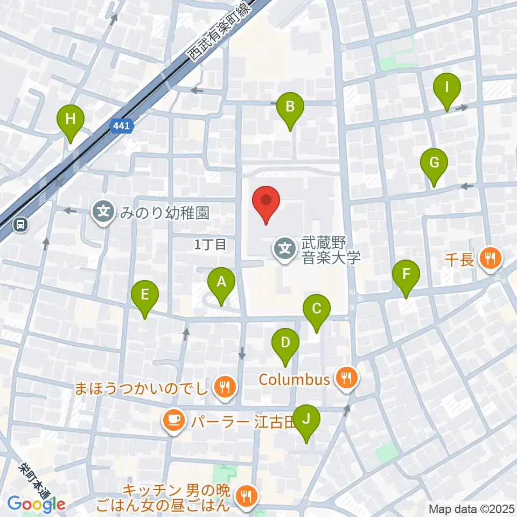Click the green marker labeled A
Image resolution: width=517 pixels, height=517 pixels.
(x=220, y=282)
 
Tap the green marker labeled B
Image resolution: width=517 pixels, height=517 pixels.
(x=290, y=107)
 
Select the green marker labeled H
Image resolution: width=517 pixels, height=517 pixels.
(x=71, y=119)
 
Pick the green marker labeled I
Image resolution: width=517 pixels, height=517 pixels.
(x=447, y=87)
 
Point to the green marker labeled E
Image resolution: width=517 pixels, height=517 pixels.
(x=145, y=295)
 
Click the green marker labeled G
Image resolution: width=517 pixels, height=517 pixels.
(x=434, y=163)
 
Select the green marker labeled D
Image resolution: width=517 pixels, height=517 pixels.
(x=285, y=343)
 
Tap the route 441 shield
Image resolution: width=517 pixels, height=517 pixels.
(x=122, y=126)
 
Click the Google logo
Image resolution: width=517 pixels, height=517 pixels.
(x=37, y=505)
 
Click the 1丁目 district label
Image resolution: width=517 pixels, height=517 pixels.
(x=210, y=245)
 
